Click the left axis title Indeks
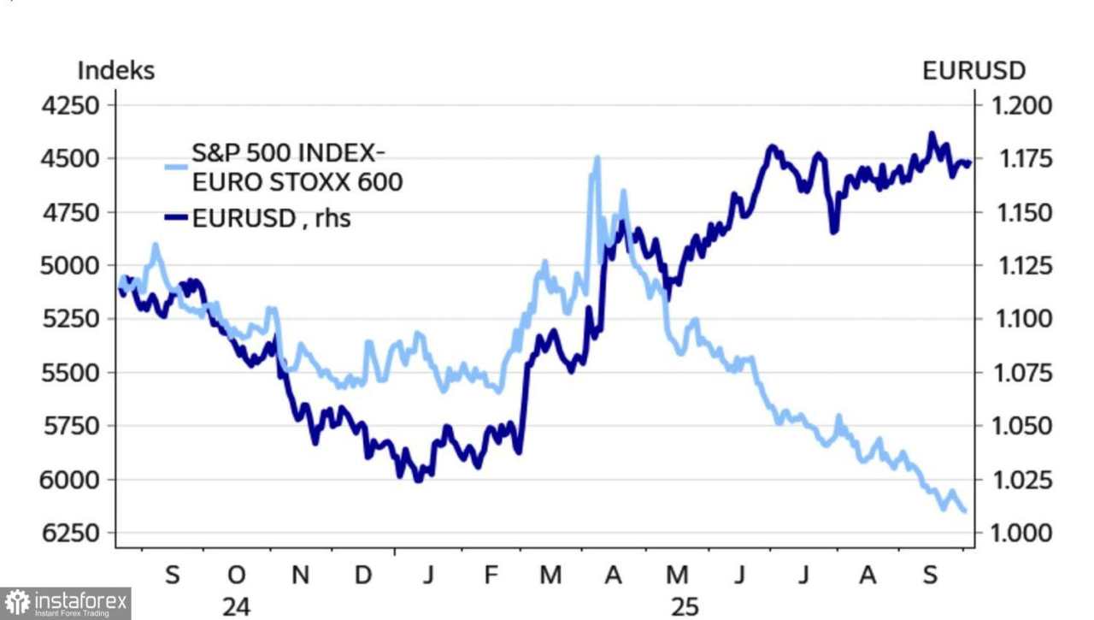coord(116,70)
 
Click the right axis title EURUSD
coord(973,70)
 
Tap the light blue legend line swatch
coord(175,168)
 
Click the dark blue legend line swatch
coord(175,219)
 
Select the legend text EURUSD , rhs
coord(271,219)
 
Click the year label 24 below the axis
coord(237,606)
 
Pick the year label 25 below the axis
coord(685,606)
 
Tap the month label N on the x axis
coord(300,576)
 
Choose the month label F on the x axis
coord(491,576)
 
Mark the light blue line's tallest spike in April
coord(596,157)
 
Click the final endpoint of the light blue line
coord(964,511)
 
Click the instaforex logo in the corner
coord(66,603)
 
